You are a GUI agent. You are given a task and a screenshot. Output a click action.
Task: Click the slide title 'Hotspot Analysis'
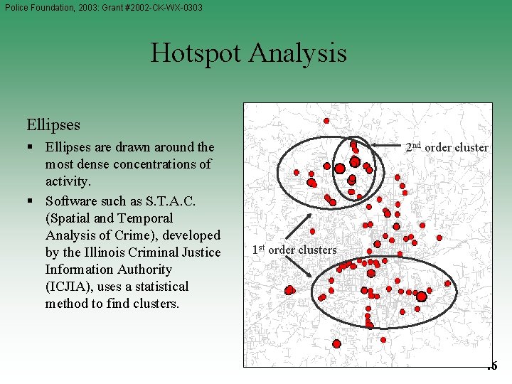point(248,53)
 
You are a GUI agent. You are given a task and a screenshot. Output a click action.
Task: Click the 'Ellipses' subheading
point(53,124)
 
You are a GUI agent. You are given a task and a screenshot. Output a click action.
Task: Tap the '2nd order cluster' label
point(447,148)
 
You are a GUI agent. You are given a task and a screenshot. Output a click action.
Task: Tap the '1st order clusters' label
point(294,250)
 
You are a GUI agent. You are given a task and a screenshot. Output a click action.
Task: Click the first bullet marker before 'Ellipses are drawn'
point(33,148)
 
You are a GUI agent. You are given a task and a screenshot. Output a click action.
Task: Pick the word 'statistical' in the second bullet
point(158,287)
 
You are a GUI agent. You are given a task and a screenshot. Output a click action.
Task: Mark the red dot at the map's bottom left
point(336,343)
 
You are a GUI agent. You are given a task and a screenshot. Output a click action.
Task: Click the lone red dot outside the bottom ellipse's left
point(289,290)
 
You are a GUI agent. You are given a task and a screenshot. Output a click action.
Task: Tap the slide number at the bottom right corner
point(493,366)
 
